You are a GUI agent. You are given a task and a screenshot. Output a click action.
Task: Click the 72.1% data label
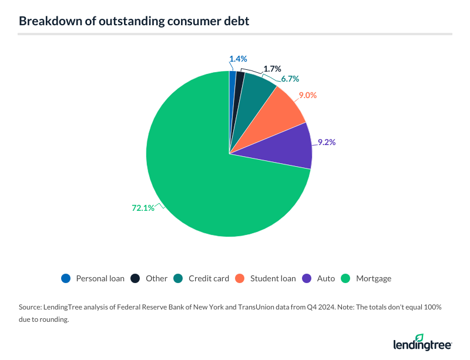143,207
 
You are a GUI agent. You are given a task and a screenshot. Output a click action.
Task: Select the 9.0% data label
307,95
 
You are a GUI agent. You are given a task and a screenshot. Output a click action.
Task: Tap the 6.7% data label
290,78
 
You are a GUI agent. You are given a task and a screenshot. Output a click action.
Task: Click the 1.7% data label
273,69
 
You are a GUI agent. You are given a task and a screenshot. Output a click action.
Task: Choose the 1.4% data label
238,59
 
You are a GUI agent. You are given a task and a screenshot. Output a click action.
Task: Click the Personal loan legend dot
66,278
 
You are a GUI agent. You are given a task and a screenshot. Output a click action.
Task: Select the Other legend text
157,278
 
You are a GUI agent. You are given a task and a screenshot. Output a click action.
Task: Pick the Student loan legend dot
240,278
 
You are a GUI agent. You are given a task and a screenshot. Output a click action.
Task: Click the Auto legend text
325,278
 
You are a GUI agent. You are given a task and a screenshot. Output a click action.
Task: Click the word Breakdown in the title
48,21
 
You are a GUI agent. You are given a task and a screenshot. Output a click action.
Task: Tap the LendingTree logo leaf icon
419,338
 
